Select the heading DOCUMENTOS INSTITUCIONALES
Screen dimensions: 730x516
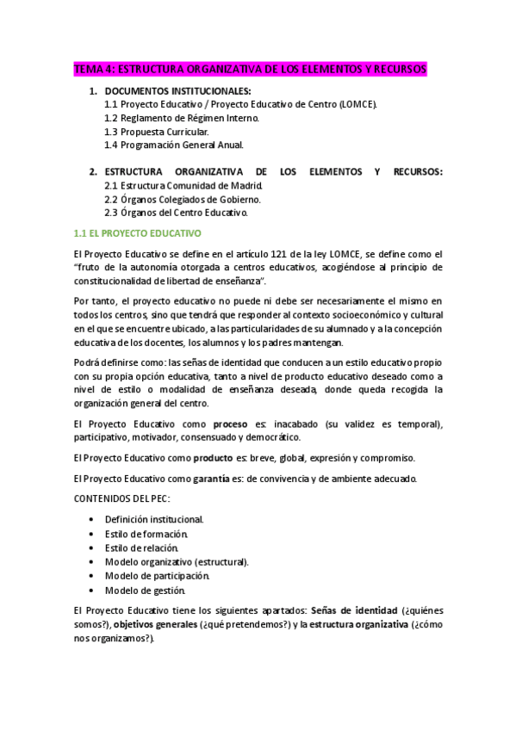click(177, 90)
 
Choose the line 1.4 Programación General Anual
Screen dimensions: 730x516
click(174, 145)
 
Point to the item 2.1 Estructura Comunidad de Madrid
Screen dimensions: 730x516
click(183, 185)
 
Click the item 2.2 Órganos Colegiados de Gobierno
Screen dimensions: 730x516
click(182, 199)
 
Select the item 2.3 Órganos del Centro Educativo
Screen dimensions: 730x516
click(176, 213)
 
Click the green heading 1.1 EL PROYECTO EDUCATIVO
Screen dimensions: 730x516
click(138, 233)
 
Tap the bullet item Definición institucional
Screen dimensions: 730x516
click(154, 520)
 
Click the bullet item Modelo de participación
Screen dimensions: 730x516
click(157, 576)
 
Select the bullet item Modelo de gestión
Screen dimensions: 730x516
click(145, 590)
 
